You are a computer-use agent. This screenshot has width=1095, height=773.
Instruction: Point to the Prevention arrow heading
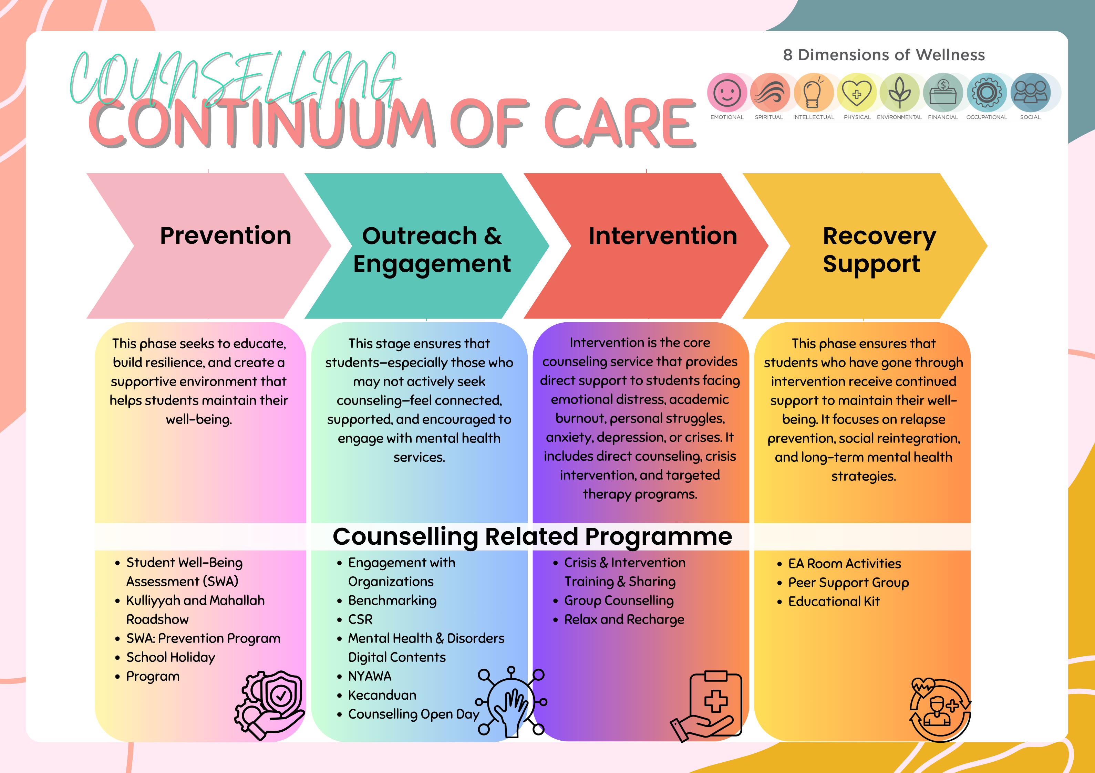click(226, 236)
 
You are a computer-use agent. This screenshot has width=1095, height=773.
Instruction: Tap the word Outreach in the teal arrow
click(419, 236)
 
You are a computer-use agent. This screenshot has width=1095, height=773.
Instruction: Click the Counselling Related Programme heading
click(532, 536)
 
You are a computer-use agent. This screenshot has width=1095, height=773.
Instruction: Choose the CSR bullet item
click(360, 619)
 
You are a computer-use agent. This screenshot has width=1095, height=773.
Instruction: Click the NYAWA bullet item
click(370, 676)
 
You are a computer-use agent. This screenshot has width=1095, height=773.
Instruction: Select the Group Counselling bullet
click(619, 601)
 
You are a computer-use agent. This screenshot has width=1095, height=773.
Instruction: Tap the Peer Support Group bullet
click(848, 583)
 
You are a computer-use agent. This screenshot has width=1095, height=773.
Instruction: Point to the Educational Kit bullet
click(834, 601)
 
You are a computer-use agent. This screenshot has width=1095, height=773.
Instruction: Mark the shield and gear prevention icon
click(269, 705)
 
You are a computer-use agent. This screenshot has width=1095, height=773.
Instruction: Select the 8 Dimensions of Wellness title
click(884, 55)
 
